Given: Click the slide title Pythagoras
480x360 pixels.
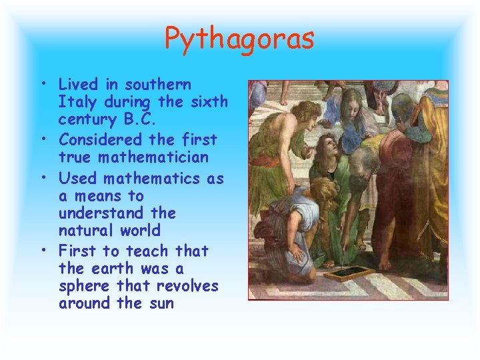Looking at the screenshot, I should [239, 39].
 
